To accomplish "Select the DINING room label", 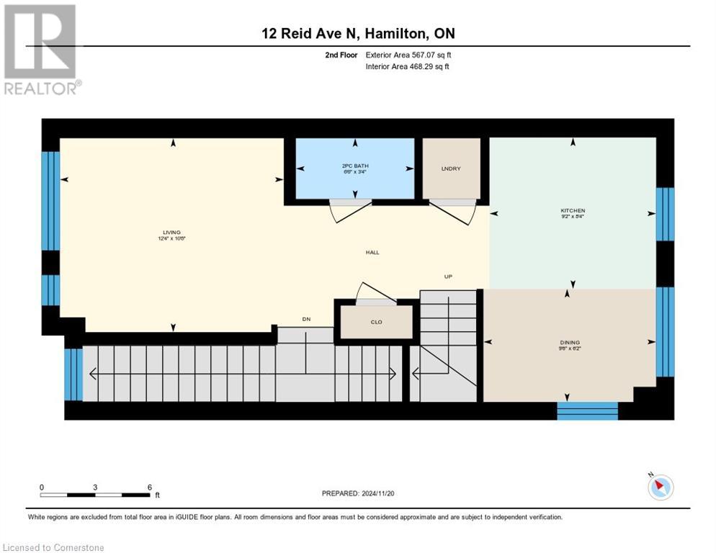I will coord(569,342).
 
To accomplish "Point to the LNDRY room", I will coord(451,168).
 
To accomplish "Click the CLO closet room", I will coord(376,322).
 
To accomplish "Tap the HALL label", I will coord(372,253).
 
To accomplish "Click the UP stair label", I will coord(448,276).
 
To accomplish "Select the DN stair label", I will coord(305,320).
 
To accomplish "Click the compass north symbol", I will coord(660,487).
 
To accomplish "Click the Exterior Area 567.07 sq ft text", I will coord(408,55).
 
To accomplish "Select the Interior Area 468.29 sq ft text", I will coord(408,67).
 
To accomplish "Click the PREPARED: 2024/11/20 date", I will coord(358,494).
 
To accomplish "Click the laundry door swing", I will coord(453,210).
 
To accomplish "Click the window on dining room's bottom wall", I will coord(587,411).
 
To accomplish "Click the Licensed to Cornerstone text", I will coord(54,548).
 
